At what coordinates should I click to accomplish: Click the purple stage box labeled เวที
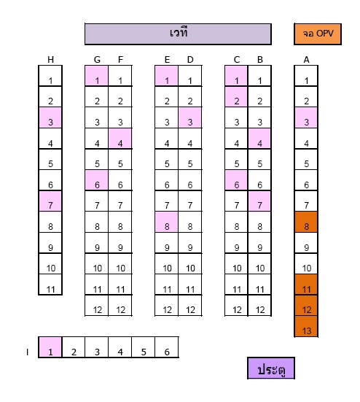(x=178, y=34)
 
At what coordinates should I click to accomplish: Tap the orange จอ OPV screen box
(x=318, y=34)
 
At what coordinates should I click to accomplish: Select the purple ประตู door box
(x=271, y=368)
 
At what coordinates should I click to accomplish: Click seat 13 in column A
(x=306, y=326)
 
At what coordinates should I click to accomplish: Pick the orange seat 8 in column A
(x=306, y=222)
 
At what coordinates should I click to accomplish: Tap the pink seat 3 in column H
(x=50, y=117)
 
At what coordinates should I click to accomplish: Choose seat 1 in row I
(x=50, y=347)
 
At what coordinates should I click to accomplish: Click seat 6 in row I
(x=167, y=347)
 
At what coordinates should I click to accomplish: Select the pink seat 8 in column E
(x=166, y=222)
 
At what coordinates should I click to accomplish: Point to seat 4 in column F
(x=120, y=139)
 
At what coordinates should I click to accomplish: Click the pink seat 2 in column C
(x=236, y=96)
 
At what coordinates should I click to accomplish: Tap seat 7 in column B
(x=259, y=201)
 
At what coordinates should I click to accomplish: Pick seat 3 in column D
(x=189, y=117)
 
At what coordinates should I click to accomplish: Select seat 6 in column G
(x=96, y=180)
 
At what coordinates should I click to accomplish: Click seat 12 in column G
(x=96, y=306)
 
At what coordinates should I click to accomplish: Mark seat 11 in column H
(x=50, y=285)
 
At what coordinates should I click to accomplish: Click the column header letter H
(x=50, y=60)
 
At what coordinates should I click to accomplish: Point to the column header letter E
(x=167, y=60)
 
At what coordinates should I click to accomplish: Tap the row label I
(x=27, y=352)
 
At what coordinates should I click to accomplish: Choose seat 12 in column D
(x=189, y=306)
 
